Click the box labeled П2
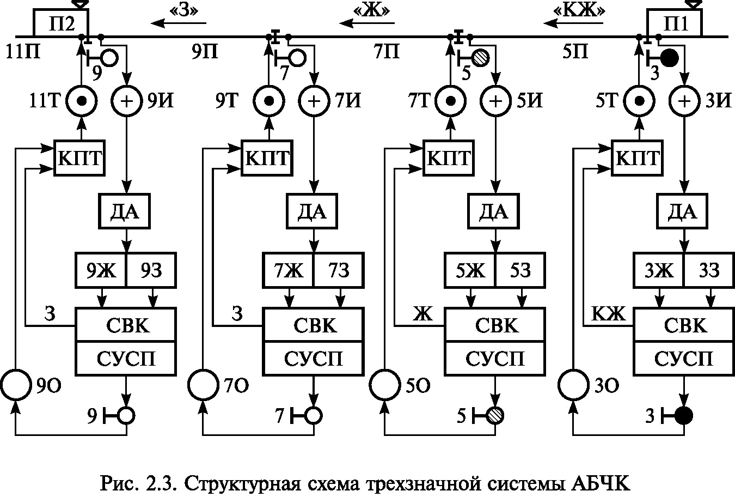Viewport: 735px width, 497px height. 60,23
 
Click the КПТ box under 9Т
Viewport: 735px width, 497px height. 267,159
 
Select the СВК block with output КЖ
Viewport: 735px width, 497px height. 685,325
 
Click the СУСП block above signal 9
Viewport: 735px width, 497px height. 126,359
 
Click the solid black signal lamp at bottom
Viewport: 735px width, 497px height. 683,416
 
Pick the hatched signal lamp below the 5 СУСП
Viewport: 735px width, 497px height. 495,416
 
